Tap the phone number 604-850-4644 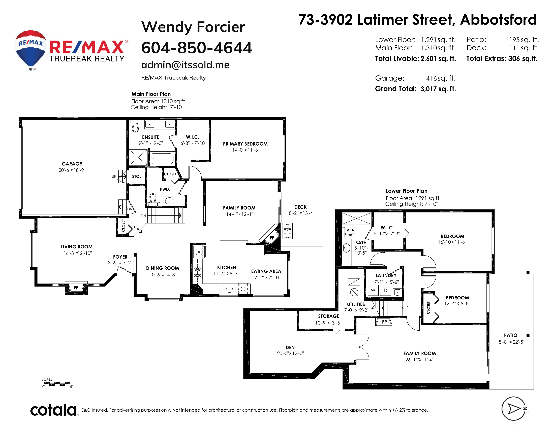click(x=197, y=48)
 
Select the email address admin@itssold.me click(x=185, y=65)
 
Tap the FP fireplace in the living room click(x=76, y=288)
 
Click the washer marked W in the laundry click(x=373, y=290)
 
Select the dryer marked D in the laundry click(x=385, y=290)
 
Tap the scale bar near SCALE click(x=57, y=384)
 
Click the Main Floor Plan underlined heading click(x=151, y=94)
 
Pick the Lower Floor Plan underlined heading click(x=406, y=191)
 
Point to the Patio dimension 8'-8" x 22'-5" click(x=511, y=342)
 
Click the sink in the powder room click(x=170, y=201)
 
